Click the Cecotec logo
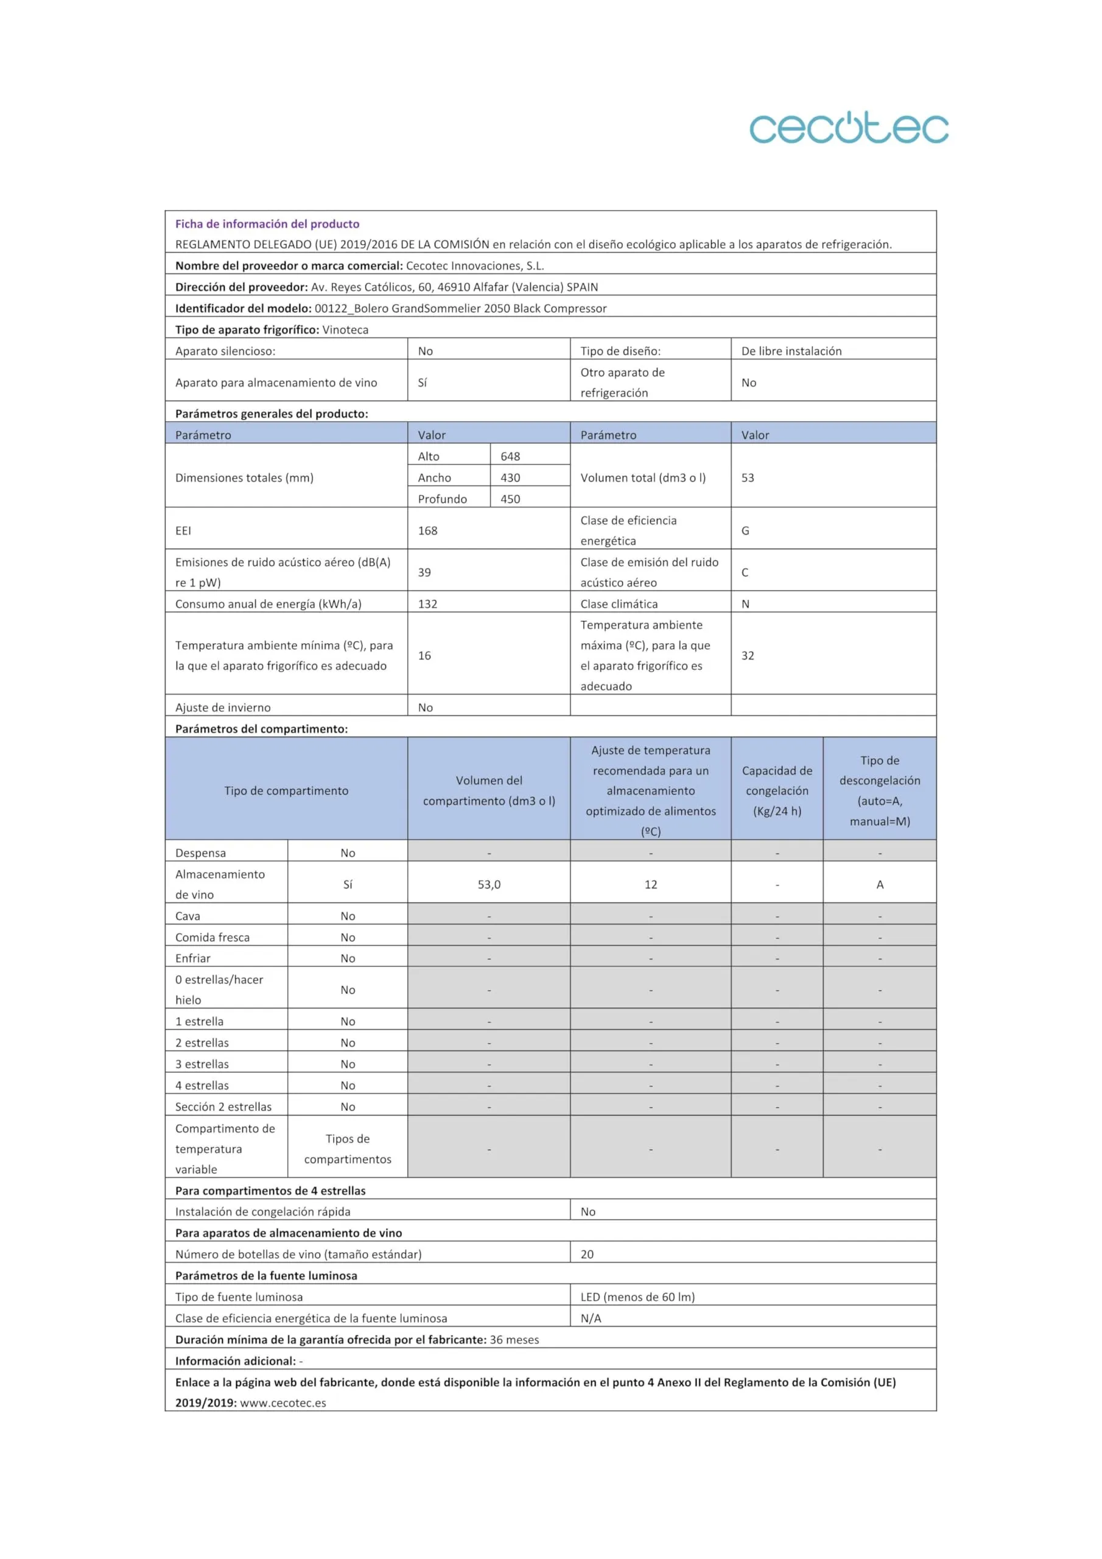(x=849, y=128)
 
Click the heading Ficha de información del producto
(x=267, y=223)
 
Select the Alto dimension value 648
(x=510, y=456)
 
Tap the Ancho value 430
(x=510, y=477)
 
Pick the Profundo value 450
(x=510, y=499)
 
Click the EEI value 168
(x=428, y=530)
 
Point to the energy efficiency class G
(x=746, y=530)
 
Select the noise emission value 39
(x=424, y=572)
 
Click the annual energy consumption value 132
(x=428, y=604)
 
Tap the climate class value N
(x=746, y=604)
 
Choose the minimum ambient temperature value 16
(x=424, y=655)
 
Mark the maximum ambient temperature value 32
(x=748, y=655)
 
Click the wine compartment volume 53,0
(x=489, y=884)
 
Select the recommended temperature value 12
(x=650, y=884)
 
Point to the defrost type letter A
(x=880, y=884)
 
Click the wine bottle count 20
(x=587, y=1254)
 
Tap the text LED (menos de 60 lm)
(x=637, y=1297)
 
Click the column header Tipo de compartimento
(x=286, y=790)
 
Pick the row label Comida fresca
(x=212, y=937)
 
